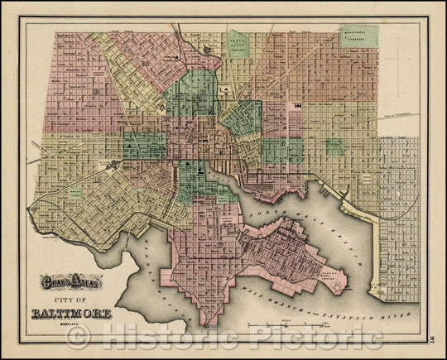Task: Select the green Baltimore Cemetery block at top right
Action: point(358,36)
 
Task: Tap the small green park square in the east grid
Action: point(334,146)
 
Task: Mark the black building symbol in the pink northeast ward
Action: point(296,106)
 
